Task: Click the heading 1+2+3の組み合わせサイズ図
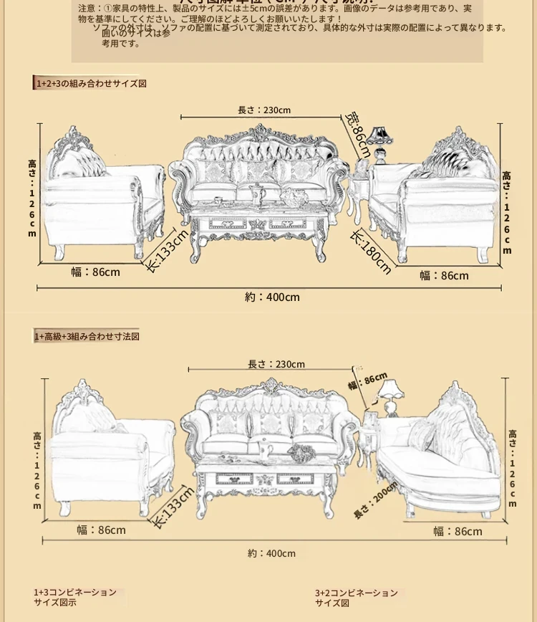91,83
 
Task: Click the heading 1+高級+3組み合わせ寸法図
87,336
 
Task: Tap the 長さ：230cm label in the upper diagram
264,110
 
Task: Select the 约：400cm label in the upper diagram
272,297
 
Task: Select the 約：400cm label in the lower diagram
271,553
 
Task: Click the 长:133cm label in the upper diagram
168,249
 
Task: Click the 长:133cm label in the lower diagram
173,507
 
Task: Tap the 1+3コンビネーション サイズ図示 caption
74,598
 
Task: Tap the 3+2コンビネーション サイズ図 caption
356,598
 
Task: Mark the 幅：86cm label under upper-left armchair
95,272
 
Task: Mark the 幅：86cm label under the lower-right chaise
458,531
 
